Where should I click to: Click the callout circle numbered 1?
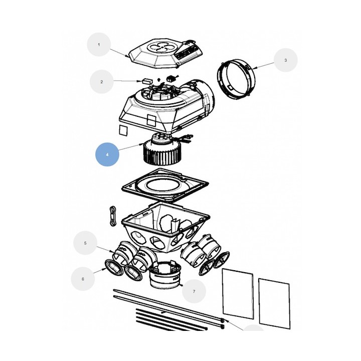[x=99, y=45]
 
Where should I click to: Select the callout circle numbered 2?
[x=101, y=82]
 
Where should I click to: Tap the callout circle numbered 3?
[x=285, y=60]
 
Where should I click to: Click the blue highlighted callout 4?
[x=107, y=154]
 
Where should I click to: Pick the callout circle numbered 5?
[x=85, y=243]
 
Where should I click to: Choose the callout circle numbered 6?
[x=83, y=279]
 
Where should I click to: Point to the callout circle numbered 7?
[x=194, y=291]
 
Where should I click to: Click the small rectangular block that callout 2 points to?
[x=147, y=81]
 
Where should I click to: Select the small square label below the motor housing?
[x=123, y=130]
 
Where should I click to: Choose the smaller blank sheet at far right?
[x=274, y=304]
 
